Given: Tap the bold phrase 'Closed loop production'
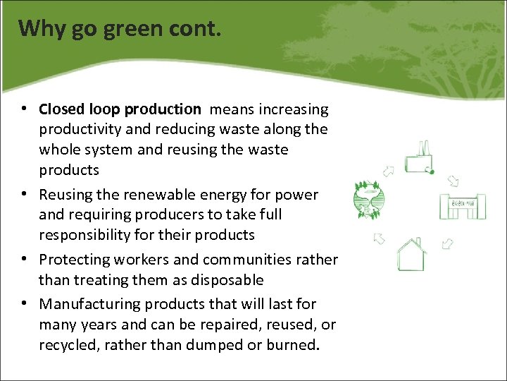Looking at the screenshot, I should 120,109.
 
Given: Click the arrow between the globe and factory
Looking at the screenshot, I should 387,170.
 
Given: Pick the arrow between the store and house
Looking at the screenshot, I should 447,243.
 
